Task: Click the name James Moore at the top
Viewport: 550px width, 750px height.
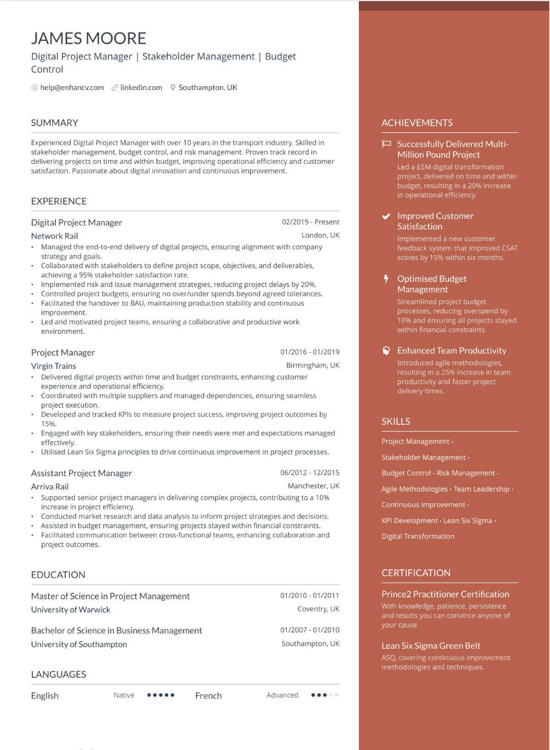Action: (x=88, y=39)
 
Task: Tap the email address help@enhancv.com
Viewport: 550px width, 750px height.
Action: (x=72, y=88)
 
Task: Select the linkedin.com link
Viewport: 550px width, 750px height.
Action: (x=141, y=88)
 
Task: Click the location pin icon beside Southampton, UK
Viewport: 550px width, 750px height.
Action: (x=173, y=88)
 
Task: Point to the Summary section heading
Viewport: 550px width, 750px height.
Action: (x=54, y=123)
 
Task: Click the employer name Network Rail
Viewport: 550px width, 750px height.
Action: (x=54, y=236)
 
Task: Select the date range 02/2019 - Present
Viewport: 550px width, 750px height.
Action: (x=311, y=222)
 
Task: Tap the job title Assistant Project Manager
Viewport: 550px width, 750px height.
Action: (x=81, y=473)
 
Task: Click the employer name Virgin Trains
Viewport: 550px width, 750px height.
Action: (x=53, y=366)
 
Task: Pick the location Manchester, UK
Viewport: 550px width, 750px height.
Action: (x=314, y=486)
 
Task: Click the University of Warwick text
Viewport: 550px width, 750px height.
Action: (x=71, y=610)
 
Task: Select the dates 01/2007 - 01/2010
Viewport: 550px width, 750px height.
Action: (x=310, y=630)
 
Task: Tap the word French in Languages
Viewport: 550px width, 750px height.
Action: (x=208, y=696)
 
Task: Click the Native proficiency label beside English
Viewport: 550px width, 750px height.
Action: (x=124, y=696)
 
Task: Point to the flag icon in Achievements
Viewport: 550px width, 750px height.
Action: (x=386, y=144)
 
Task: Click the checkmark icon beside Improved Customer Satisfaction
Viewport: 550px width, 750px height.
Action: (x=386, y=216)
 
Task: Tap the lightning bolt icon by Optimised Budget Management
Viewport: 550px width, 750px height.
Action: (x=386, y=279)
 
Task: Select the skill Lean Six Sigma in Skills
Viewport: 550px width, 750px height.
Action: (x=468, y=521)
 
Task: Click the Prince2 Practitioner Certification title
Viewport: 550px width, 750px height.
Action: (x=445, y=594)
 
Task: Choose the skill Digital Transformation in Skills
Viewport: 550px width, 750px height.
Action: (x=418, y=537)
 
